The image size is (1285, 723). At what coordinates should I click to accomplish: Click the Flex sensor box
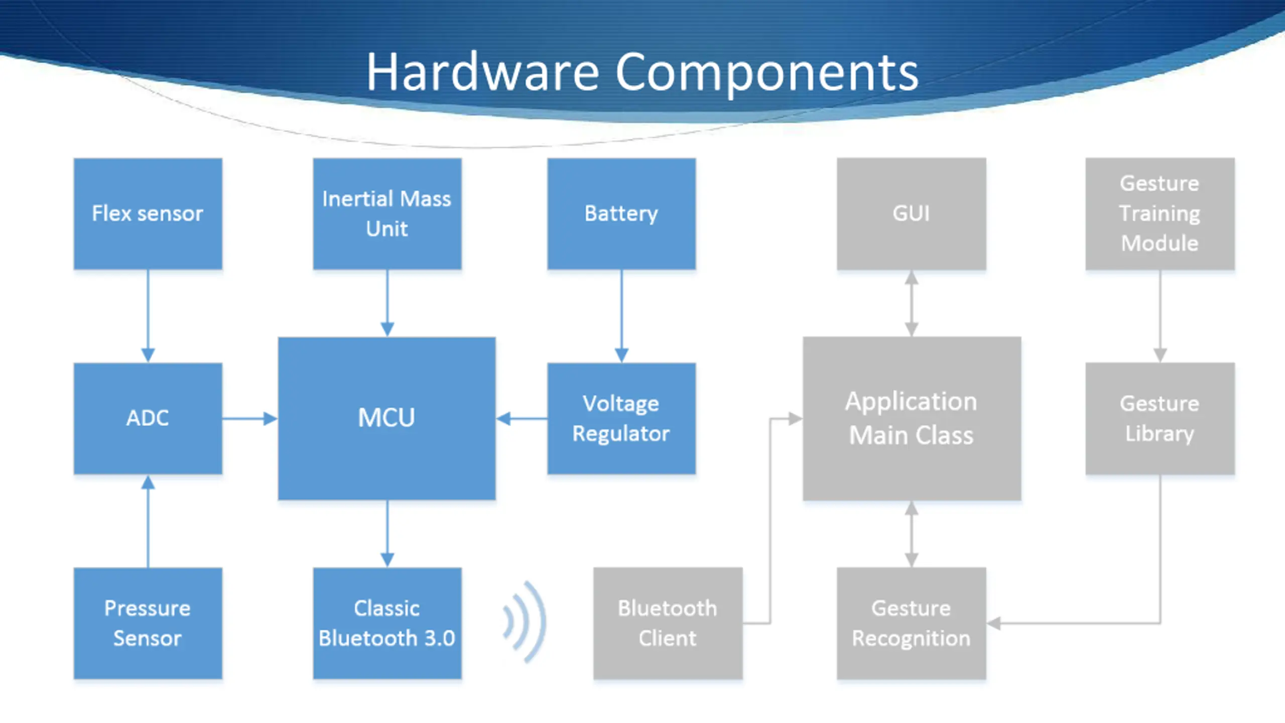[x=148, y=214]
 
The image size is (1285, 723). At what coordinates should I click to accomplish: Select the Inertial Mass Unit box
[x=387, y=214]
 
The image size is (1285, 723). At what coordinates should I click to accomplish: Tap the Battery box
[x=621, y=214]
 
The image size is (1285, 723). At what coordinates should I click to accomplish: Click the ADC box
[x=148, y=418]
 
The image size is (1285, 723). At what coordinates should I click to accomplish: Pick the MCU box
[x=387, y=418]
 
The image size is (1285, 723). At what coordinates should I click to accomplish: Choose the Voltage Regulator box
[x=621, y=418]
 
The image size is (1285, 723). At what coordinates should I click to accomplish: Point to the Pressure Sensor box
[x=148, y=623]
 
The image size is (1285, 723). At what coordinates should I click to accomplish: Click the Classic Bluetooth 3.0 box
[x=387, y=623]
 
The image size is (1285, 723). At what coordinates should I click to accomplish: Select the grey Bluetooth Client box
[x=668, y=623]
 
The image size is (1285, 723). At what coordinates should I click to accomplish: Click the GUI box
[x=912, y=214]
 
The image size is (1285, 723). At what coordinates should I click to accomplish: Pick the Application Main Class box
[x=912, y=418]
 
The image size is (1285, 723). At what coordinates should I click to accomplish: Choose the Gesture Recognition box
[x=912, y=623]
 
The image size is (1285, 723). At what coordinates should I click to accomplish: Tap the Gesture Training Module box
[x=1160, y=214]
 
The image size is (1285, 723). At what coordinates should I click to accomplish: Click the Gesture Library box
[x=1160, y=418]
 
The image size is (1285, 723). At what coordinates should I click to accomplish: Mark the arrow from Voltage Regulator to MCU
[x=522, y=418]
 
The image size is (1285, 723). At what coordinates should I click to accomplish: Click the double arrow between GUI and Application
[x=912, y=303]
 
